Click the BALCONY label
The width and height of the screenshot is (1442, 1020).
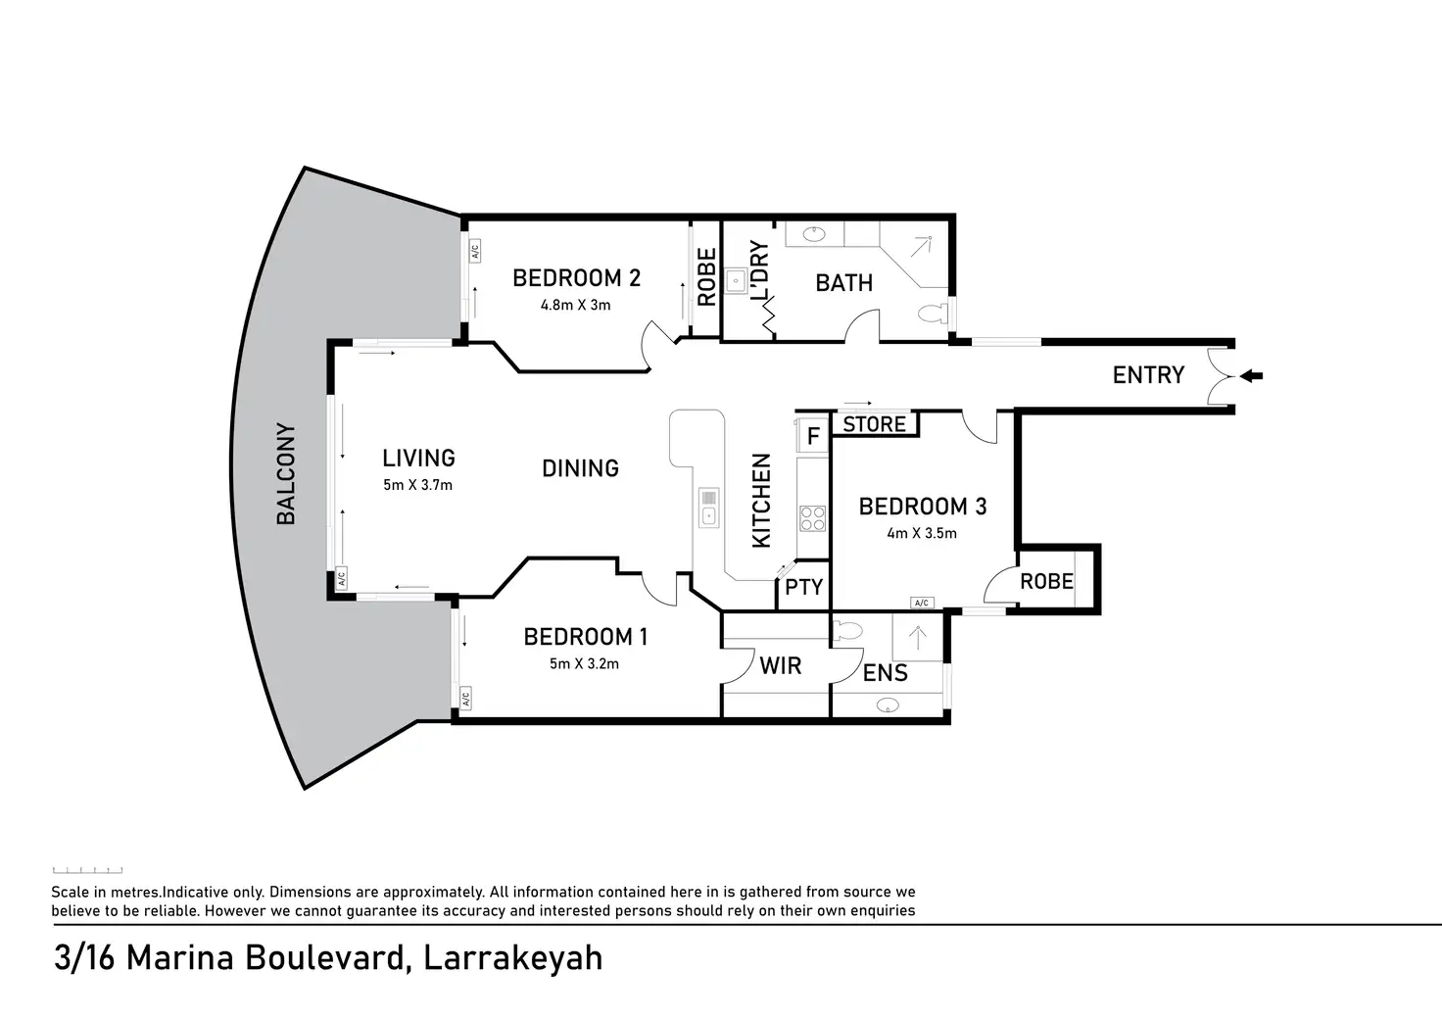point(285,474)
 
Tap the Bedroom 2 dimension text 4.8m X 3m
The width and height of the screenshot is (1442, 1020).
point(576,305)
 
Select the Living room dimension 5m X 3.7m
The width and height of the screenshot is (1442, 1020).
point(418,484)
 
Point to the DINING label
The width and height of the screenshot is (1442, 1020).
point(580,468)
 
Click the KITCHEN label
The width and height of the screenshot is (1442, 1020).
point(761,500)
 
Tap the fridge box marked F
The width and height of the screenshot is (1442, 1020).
point(812,435)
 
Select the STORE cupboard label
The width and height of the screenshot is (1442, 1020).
point(875,424)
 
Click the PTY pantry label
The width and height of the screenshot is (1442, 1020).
point(804,587)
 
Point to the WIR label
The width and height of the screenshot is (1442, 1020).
point(780,666)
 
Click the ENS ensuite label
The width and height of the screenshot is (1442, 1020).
point(885,673)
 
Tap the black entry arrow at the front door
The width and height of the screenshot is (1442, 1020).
point(1252,375)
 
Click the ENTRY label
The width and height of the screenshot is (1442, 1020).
point(1148,374)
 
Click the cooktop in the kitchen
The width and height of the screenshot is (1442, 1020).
point(813,518)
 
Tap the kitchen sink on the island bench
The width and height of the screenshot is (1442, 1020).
point(708,509)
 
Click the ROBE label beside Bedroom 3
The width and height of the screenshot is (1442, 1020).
point(1046,581)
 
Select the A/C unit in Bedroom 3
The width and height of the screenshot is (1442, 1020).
point(921,603)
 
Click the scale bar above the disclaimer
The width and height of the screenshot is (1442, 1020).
point(87,870)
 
